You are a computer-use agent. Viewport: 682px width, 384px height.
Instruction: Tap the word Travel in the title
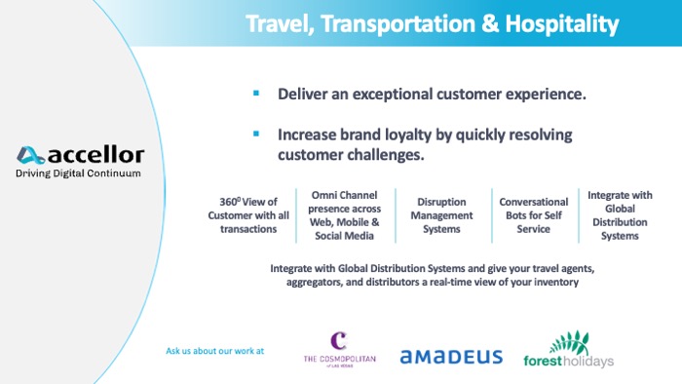[x=277, y=22]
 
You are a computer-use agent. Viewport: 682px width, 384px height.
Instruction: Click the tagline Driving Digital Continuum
[x=78, y=173]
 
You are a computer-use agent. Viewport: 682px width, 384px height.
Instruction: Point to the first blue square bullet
[x=256, y=94]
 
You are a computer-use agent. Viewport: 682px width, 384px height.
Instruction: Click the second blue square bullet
[x=256, y=134]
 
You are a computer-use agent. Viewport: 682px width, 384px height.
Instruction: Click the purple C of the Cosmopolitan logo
[x=338, y=341]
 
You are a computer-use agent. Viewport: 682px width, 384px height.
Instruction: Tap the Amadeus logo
[x=450, y=357]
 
